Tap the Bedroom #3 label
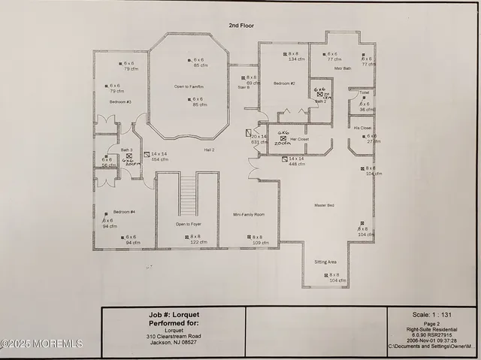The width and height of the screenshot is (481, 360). click(x=120, y=101)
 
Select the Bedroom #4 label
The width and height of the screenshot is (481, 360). click(x=124, y=212)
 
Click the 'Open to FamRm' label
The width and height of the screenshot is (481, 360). click(x=189, y=86)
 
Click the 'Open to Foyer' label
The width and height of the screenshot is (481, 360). click(x=188, y=224)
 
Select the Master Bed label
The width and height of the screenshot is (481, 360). click(x=325, y=204)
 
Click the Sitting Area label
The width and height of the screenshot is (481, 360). click(x=325, y=262)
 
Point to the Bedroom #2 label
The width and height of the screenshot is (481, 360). click(x=283, y=83)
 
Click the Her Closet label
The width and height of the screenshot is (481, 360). click(x=277, y=140)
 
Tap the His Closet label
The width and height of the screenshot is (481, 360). click(x=362, y=128)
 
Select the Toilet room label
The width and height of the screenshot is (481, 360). click(x=364, y=93)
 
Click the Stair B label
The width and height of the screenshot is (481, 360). click(x=244, y=87)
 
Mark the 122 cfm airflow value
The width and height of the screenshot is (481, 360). click(x=189, y=242)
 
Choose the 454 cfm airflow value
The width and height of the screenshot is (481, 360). click(x=160, y=159)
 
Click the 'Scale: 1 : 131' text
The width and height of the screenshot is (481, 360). click(x=431, y=314)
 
